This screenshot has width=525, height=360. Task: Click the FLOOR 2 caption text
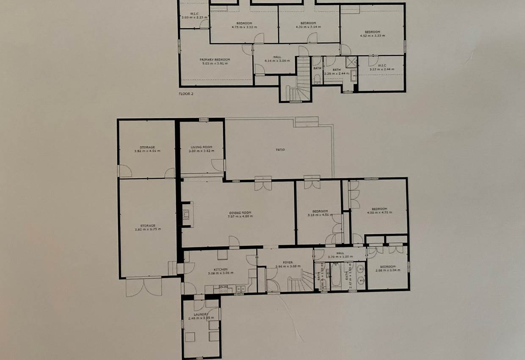click(x=186, y=93)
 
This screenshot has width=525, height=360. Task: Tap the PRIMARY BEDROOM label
click(x=215, y=59)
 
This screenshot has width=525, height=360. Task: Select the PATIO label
click(x=280, y=150)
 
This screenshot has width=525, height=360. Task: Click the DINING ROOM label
click(x=240, y=212)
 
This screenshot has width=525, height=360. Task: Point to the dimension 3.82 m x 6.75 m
click(x=148, y=229)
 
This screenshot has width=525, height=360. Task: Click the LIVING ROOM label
click(x=202, y=147)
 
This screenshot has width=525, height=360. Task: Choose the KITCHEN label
click(x=221, y=269)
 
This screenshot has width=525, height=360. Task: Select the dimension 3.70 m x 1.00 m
click(x=340, y=256)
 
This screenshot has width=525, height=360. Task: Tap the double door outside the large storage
click(x=144, y=287)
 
